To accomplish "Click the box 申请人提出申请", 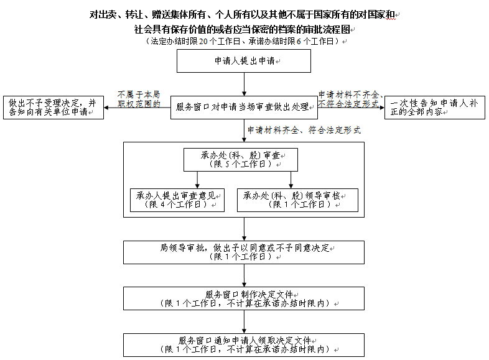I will [244, 61].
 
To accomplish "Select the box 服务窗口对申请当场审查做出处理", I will [243, 107].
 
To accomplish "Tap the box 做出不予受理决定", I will [52, 108].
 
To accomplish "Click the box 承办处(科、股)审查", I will [240, 159].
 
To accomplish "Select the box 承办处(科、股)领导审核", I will [297, 200].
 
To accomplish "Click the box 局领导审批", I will [244, 252].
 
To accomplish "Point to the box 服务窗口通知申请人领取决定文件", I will [244, 344].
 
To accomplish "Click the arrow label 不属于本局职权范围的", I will [138, 99].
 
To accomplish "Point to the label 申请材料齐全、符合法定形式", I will [304, 131].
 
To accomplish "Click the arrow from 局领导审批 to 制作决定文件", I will [244, 275].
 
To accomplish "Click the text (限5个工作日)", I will [240, 164].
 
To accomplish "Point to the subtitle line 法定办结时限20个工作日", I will [244, 41].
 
